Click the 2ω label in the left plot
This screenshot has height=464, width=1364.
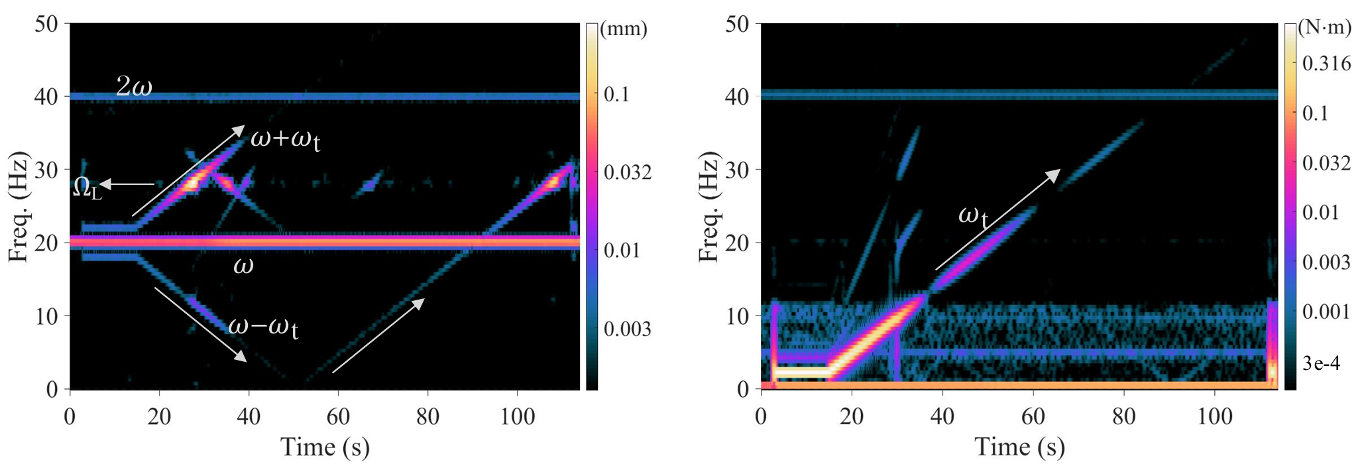pos(134,86)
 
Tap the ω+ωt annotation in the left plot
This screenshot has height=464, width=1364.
pos(286,139)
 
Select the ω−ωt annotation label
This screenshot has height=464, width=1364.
pos(263,327)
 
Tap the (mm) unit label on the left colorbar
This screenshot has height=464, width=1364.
pos(623,29)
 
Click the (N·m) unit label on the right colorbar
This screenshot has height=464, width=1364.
pos(1324,27)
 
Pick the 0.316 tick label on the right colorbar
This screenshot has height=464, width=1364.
pos(1326,63)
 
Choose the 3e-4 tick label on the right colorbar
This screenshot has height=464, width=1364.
pos(1321,363)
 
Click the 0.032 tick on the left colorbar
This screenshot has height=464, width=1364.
pos(628,172)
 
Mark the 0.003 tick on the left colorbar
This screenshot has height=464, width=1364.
pos(628,329)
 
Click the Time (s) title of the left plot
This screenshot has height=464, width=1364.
pos(325,447)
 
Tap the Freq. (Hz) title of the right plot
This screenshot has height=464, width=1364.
pos(709,207)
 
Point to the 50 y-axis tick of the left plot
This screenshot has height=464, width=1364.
pos(46,24)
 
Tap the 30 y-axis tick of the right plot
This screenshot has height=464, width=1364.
pos(736,170)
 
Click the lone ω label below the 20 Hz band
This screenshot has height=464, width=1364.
pos(243,265)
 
